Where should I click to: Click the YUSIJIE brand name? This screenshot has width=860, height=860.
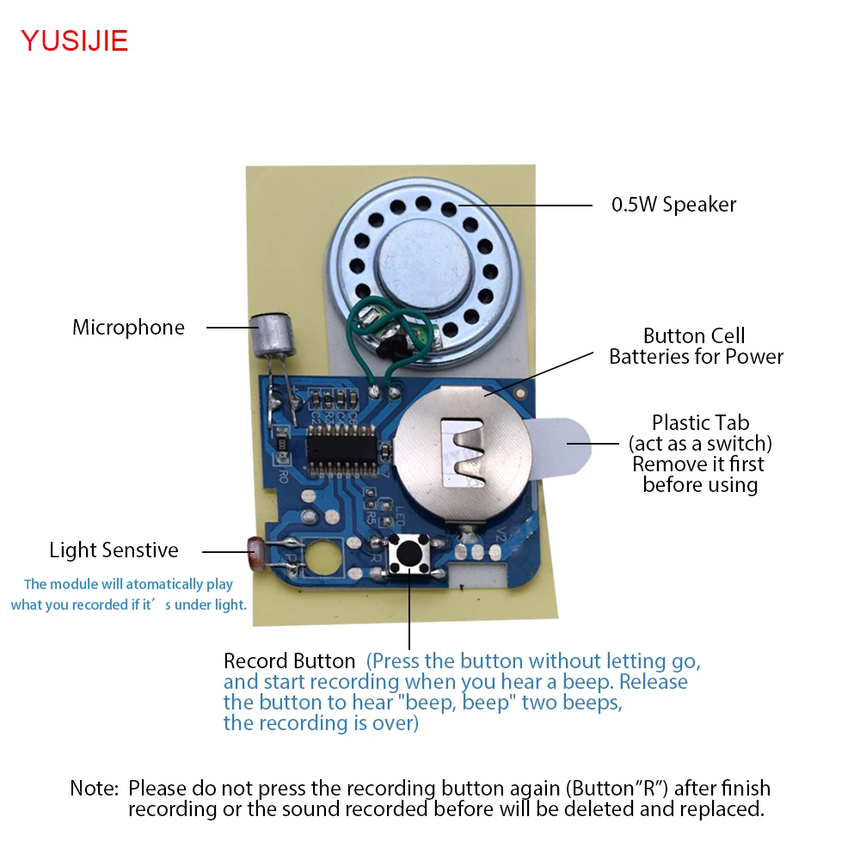point(74,40)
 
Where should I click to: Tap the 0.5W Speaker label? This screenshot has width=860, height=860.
point(673,205)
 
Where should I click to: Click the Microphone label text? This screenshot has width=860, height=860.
point(128,328)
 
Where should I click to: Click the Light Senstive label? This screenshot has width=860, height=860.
point(114,550)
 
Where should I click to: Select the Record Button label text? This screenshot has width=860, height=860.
point(289,661)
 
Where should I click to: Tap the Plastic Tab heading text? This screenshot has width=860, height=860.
point(700,423)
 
